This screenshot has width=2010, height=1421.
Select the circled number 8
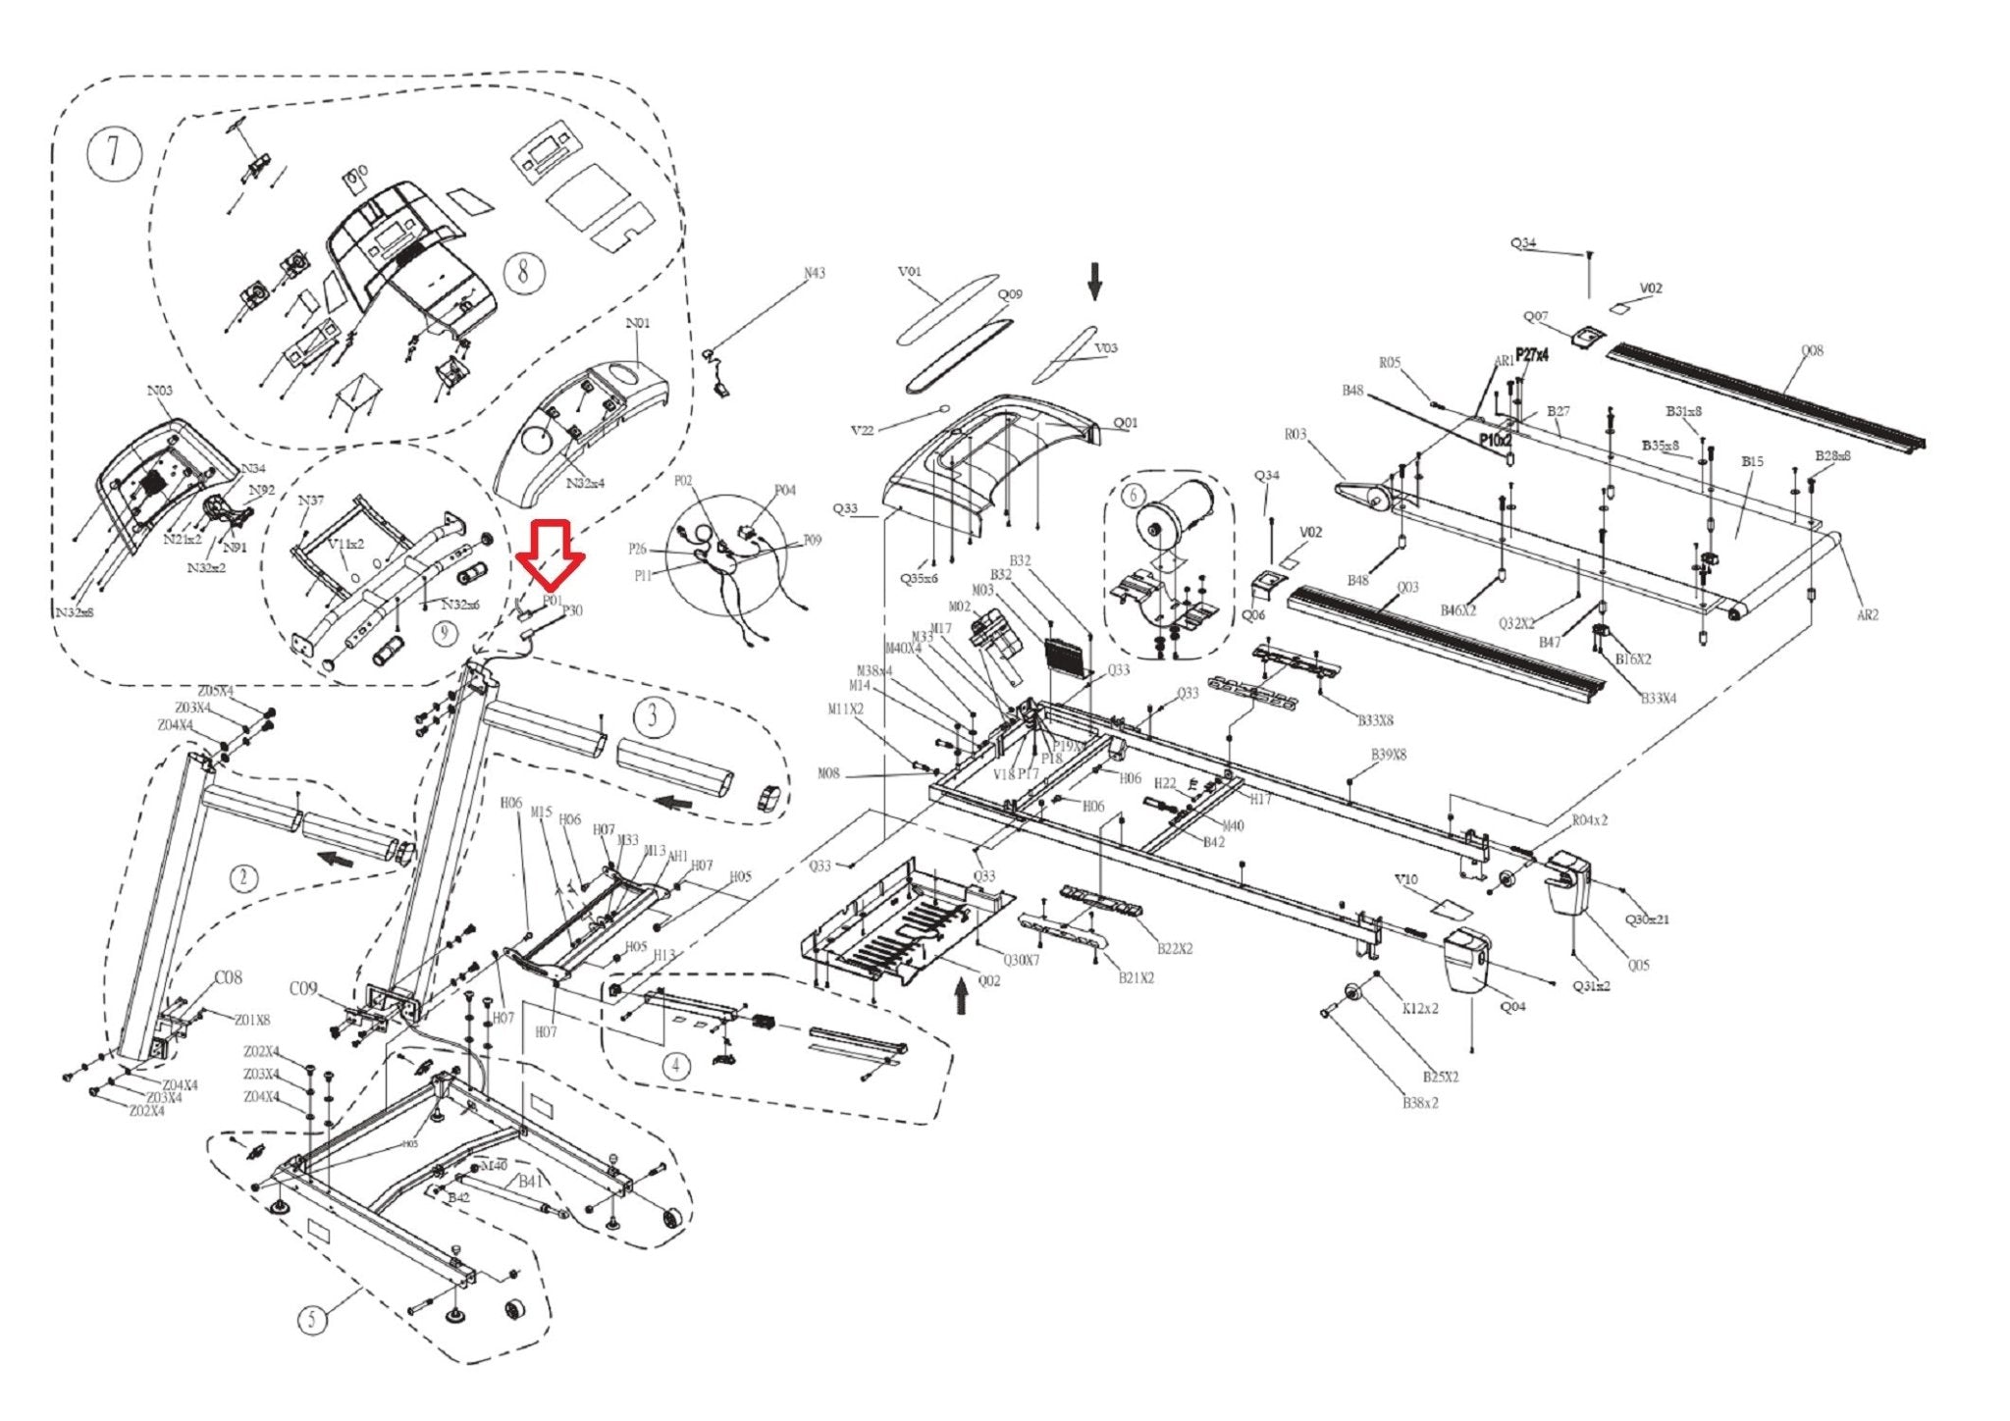525,270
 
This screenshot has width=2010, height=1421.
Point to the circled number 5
313,1318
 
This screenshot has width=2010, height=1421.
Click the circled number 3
653,716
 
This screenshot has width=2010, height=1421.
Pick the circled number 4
676,1066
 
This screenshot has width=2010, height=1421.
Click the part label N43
815,273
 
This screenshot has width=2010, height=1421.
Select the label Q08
1812,350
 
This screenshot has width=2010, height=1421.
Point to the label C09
303,988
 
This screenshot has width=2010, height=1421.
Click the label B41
530,1181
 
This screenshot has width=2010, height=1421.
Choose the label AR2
1867,615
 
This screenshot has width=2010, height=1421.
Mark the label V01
910,272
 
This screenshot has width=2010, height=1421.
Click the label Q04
1513,1006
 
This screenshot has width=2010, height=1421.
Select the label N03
160,391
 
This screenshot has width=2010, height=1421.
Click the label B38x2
1420,1103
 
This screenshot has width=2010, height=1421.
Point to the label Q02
988,980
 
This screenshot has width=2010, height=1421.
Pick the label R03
1296,434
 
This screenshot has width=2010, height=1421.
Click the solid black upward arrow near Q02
962,999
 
